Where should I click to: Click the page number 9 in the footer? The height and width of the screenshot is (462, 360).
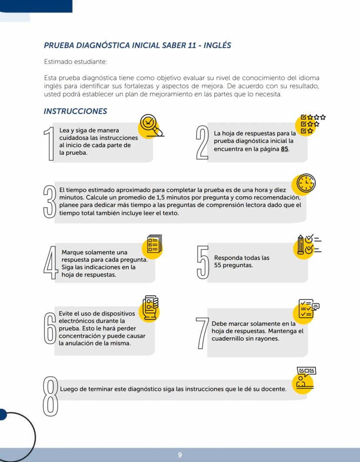pos(180,455)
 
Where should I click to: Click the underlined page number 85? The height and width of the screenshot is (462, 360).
pos(285,149)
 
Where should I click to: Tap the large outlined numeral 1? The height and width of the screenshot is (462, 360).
pos(50,144)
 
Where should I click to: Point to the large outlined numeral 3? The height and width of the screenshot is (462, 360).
pos(50,201)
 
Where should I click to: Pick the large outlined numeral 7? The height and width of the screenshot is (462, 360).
pos(201,333)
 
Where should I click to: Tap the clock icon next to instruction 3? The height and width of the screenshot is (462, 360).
pos(305,185)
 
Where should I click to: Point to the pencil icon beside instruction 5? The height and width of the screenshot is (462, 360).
pos(301,246)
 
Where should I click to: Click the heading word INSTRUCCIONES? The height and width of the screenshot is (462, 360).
pos(75,111)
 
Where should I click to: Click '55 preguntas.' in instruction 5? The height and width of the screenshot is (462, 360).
pos(233,265)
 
